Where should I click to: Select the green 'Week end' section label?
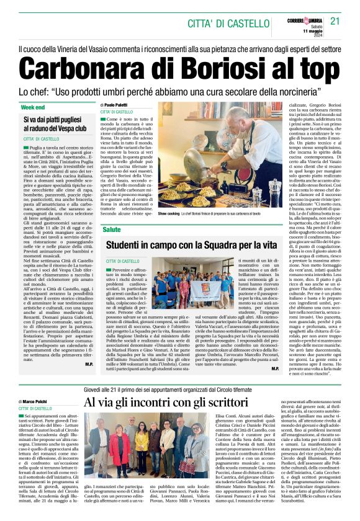click(33, 107)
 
